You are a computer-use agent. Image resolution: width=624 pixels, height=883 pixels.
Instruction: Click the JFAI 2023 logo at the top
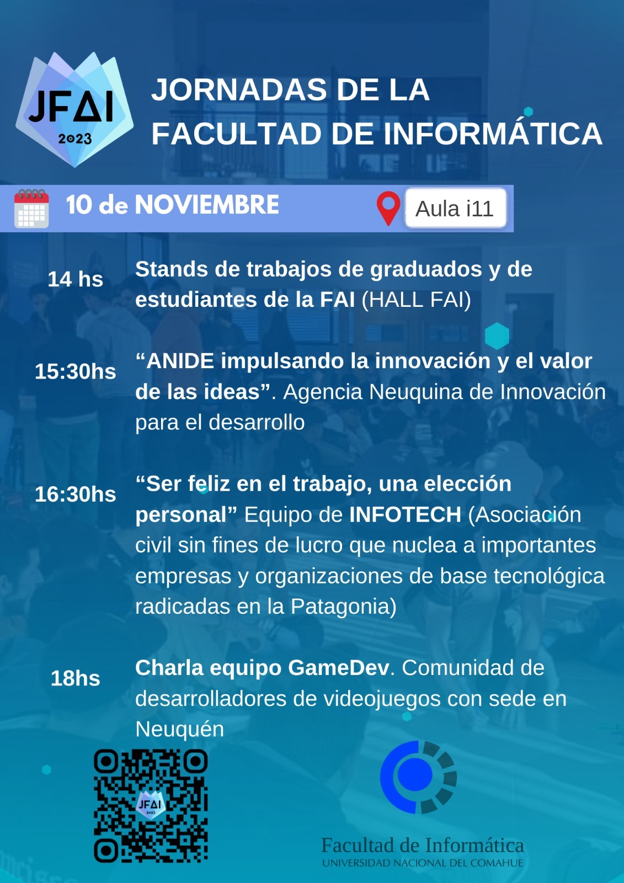click(x=74, y=110)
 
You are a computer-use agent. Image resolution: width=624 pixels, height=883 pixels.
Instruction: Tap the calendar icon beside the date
click(x=31, y=209)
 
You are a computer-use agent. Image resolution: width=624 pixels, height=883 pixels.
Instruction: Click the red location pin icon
click(x=388, y=208)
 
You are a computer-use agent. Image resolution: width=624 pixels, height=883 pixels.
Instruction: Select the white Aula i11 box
click(x=455, y=209)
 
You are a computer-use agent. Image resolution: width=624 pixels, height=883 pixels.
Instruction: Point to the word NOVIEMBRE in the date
click(x=207, y=205)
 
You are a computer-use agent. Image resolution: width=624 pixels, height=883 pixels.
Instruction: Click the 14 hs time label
click(x=75, y=279)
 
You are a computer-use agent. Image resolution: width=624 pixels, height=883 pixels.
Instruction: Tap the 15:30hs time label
click(x=75, y=371)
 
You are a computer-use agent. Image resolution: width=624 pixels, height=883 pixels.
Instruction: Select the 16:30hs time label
click(x=75, y=494)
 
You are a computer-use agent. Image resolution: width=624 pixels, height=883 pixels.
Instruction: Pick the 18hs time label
click(x=75, y=678)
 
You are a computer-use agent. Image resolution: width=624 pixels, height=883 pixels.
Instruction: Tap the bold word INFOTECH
click(x=406, y=514)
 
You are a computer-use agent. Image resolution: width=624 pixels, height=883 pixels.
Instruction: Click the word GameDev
click(x=339, y=668)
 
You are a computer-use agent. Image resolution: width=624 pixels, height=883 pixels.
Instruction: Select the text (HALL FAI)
click(x=417, y=300)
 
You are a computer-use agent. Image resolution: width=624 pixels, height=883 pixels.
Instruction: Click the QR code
click(x=151, y=806)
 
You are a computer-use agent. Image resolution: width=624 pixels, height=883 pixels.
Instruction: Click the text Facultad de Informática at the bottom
click(x=423, y=845)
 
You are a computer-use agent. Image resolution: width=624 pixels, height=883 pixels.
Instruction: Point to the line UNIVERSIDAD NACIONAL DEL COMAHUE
click(x=423, y=863)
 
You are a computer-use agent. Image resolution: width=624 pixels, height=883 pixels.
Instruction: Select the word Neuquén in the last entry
click(x=180, y=730)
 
